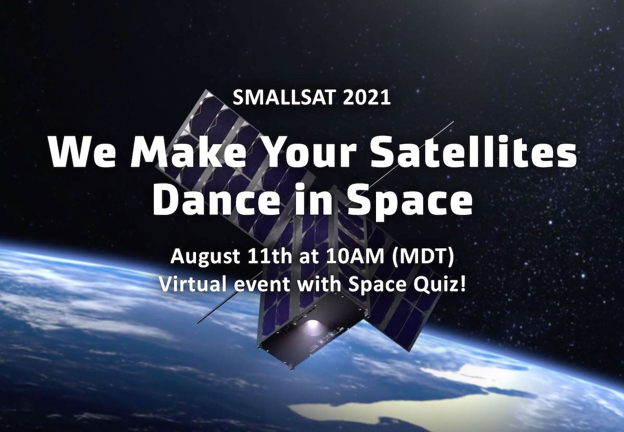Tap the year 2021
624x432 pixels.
[366, 98]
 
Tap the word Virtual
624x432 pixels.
[192, 285]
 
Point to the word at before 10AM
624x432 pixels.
[307, 257]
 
